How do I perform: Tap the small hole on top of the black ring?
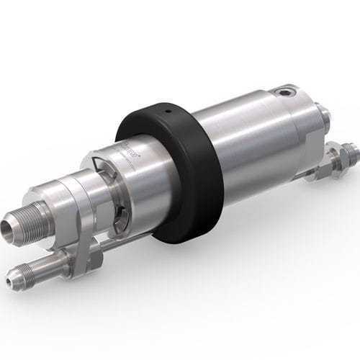[166, 112]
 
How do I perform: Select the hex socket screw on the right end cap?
[289, 92]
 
